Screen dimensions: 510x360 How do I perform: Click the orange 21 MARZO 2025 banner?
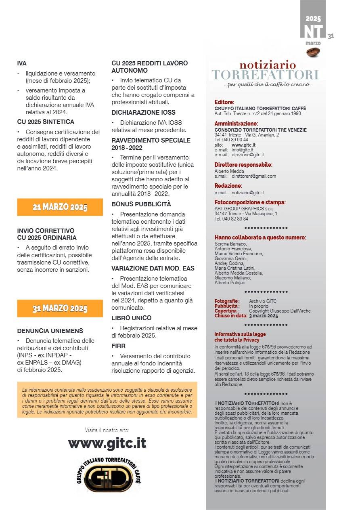pos(60,207)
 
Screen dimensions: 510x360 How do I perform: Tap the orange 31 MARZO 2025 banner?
pos(60,309)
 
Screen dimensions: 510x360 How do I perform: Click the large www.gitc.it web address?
pos(107,443)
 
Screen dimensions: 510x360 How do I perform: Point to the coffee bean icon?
pos(313,52)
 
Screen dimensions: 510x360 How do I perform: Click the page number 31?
pos(331,36)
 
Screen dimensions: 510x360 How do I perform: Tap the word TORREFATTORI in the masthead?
pos(265,75)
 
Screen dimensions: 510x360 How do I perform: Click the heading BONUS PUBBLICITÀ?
pos(141,204)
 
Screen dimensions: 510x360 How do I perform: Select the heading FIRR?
pos(119,346)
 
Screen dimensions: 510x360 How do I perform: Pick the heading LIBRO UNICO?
pos(132,318)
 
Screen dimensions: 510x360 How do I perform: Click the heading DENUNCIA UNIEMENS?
pos(50,331)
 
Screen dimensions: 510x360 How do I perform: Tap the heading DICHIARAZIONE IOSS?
pos(143,113)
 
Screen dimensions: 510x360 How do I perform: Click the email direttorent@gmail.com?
pos(253,176)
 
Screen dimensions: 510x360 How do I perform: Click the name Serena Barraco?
pos(229,244)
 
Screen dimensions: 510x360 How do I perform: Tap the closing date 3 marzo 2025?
pos(263,316)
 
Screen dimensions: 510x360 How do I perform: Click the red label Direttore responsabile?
pos(243,165)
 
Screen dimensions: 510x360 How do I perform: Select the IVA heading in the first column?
pos(22,63)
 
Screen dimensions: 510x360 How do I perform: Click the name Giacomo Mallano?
pos(232,278)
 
